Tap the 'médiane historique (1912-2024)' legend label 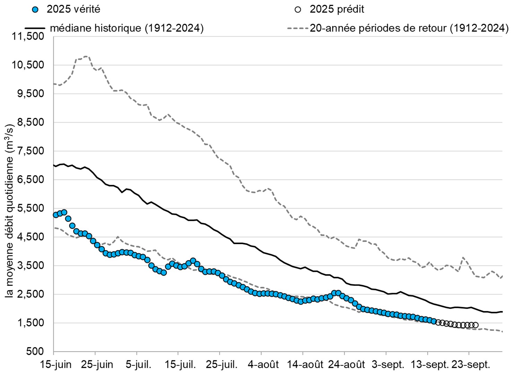pos(127,28)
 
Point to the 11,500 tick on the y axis pos(28,36)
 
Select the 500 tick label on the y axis pos(35,351)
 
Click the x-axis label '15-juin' pos(56,365)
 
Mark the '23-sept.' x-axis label pos(470,365)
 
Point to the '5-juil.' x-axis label pos(138,365)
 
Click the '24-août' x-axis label pos(346,365)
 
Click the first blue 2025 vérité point pos(56,215)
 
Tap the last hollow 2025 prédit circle pos(475,325)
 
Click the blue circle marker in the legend pos(35,10)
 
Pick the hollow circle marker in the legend pos(298,10)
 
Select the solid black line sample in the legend pos(35,28)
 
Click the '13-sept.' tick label pos(429,365)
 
